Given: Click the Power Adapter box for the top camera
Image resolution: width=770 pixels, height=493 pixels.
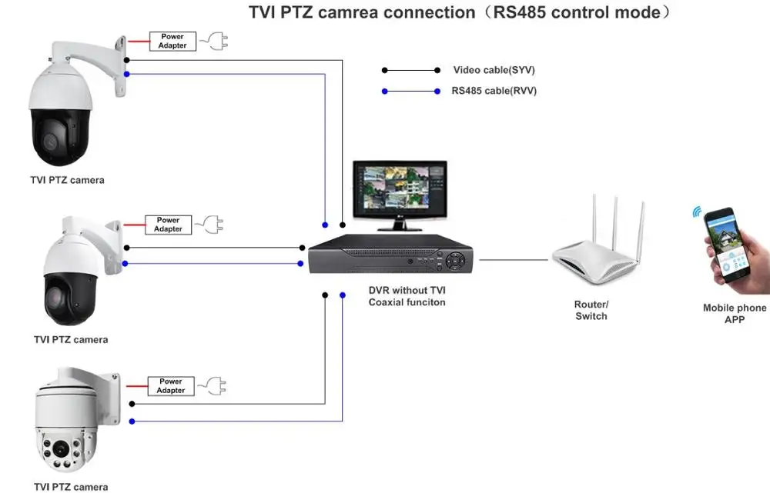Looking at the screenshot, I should [x=172, y=42].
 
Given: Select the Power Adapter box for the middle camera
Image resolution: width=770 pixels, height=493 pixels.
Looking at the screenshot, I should [x=168, y=225].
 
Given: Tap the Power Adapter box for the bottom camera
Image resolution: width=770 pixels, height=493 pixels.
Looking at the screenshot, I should [x=171, y=386].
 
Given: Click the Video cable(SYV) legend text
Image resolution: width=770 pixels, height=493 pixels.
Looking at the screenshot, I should [x=494, y=70].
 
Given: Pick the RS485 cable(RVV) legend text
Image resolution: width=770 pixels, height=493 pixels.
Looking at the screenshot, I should [x=494, y=91].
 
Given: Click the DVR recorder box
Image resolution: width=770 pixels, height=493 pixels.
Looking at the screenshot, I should [x=391, y=256].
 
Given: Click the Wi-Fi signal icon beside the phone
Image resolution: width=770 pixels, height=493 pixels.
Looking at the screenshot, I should [x=698, y=212].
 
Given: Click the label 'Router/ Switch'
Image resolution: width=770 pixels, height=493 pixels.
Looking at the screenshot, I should [x=591, y=310].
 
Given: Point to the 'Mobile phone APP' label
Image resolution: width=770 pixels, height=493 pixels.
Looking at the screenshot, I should [x=735, y=313].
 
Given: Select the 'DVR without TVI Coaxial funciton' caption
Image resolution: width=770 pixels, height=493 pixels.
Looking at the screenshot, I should [x=407, y=296].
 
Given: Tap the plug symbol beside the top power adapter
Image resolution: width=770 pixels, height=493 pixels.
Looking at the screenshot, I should [x=213, y=42].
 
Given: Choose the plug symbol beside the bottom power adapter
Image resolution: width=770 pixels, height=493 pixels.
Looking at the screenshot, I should [x=211, y=386].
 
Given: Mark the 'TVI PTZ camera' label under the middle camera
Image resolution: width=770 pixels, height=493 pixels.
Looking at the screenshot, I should [x=71, y=339].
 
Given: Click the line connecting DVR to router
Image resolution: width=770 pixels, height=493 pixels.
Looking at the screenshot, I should [x=514, y=260].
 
